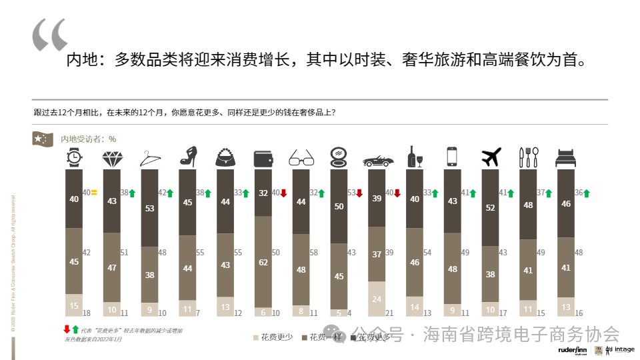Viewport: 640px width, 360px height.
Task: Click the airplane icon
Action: pos(491,157)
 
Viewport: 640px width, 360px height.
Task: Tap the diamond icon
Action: pos(111,158)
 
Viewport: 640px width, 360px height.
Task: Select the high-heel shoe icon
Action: pos(187,157)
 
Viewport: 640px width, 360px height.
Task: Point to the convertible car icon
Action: pos(377,161)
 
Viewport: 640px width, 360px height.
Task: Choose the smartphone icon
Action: pos(453,157)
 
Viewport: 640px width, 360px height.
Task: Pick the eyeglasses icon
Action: pos(301,158)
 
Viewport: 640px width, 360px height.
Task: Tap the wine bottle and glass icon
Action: pos(415,157)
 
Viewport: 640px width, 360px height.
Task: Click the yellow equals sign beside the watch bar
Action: pos(94,193)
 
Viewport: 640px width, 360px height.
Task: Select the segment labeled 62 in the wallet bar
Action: pos(263,263)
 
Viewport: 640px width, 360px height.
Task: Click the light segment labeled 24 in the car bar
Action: pos(377,299)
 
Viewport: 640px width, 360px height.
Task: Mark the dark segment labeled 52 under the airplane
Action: pos(491,207)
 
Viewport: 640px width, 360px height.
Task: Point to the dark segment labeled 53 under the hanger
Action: pos(149,208)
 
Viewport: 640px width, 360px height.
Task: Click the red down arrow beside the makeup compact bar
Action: pos(359,193)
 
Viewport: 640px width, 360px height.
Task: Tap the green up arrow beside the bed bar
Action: pos(587,193)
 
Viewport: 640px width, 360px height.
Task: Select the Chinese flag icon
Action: pos(43,138)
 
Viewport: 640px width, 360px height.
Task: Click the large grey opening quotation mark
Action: pos(50,35)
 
